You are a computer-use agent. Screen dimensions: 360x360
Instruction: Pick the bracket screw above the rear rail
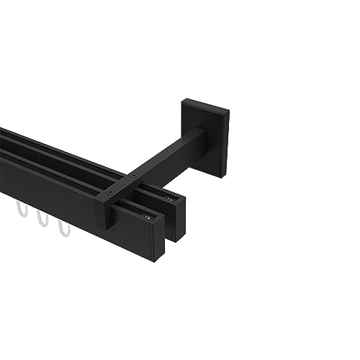click(132, 176)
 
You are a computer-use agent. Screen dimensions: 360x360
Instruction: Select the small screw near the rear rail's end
click(170, 199)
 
